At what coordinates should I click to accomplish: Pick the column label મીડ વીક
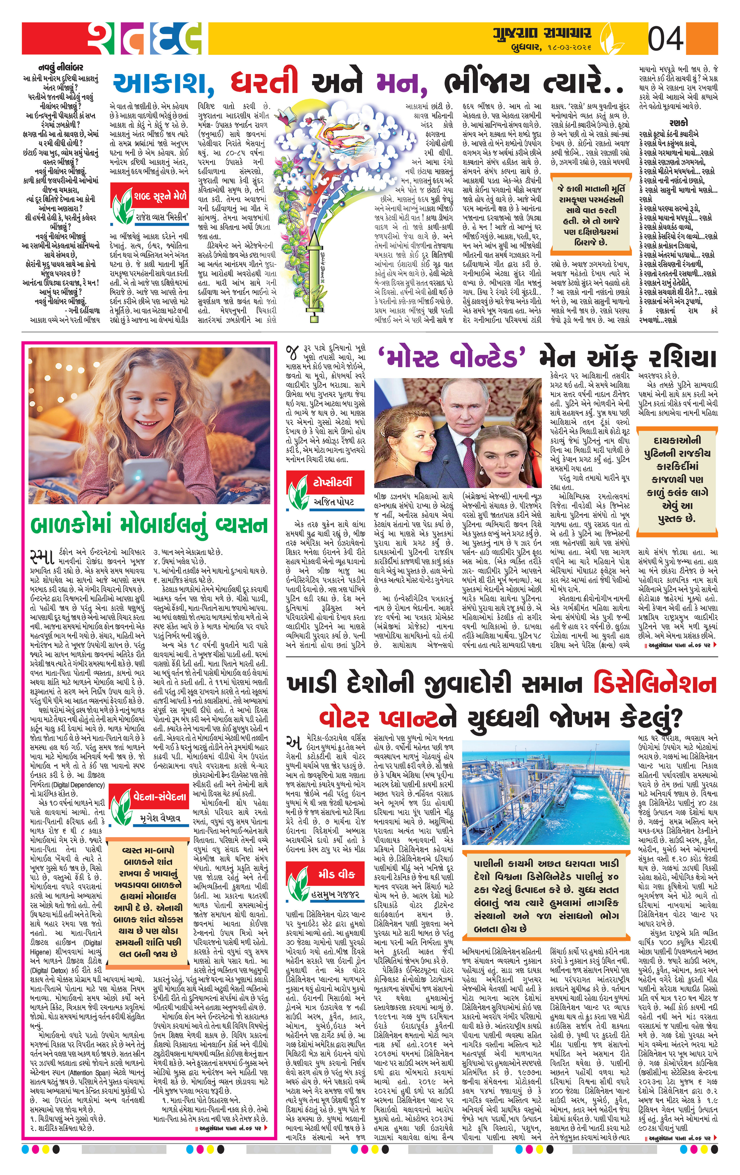[336, 874]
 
